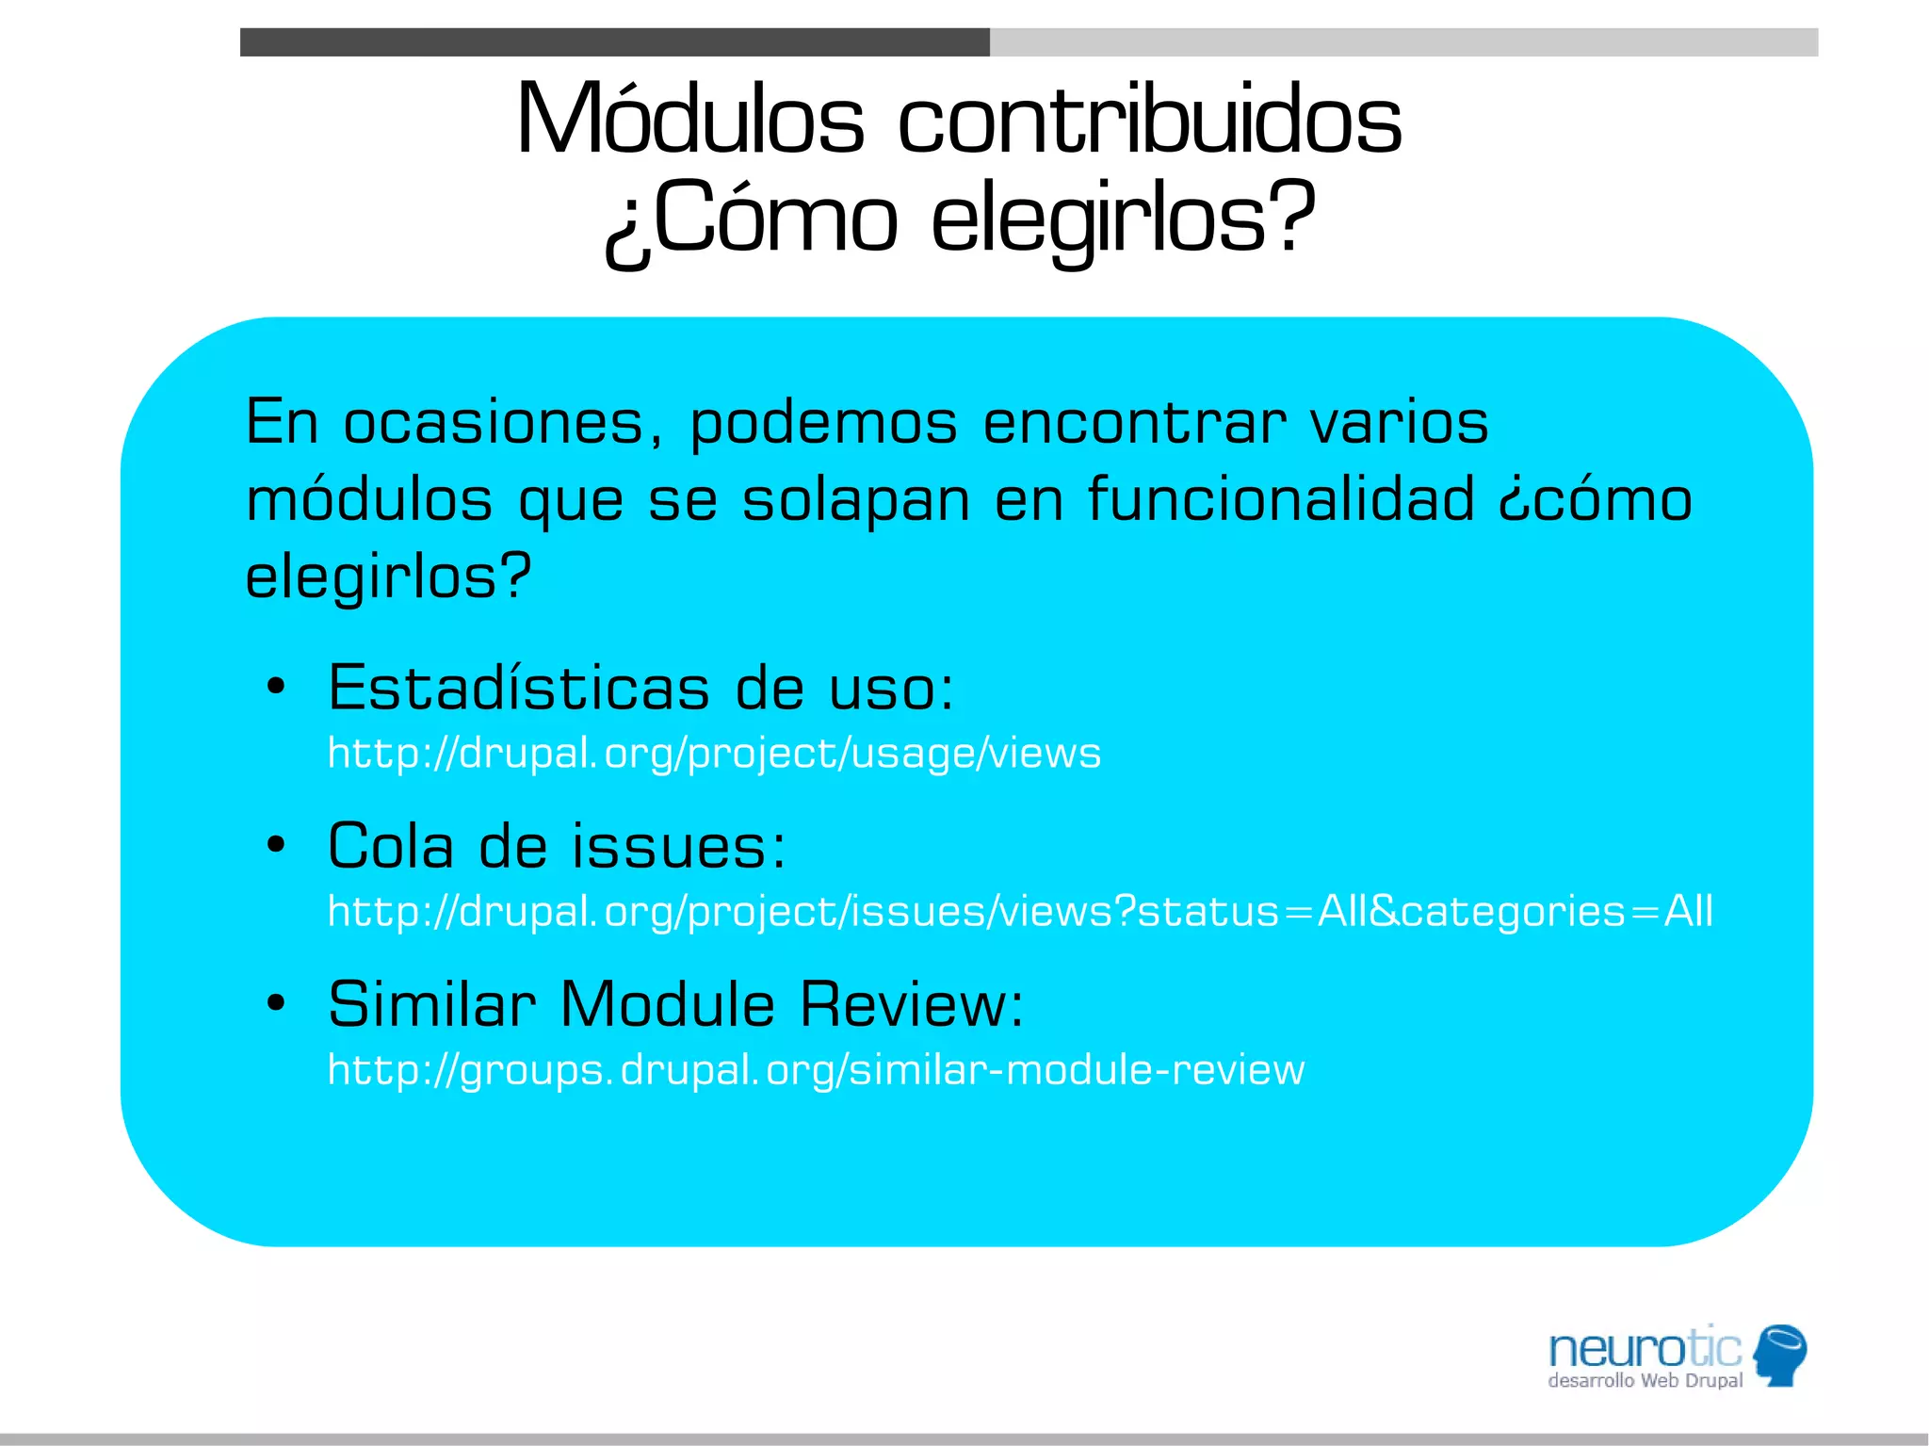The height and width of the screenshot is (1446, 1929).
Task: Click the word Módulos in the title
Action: [x=689, y=121]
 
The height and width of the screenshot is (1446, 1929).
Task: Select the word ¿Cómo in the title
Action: [x=751, y=220]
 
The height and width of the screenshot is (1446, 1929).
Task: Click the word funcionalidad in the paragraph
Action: [x=1281, y=499]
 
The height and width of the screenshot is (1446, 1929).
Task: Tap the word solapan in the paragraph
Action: [x=855, y=501]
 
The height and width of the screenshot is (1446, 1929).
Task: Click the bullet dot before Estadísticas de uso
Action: [x=275, y=687]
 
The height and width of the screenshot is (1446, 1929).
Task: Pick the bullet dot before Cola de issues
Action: [x=275, y=845]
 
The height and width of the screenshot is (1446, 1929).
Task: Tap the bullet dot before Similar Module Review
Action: [x=275, y=1003]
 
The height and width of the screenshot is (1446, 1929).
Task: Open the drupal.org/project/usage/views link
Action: [x=714, y=754]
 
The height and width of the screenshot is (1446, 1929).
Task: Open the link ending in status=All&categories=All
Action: [x=1020, y=912]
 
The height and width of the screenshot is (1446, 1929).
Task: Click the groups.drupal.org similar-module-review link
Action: [x=816, y=1070]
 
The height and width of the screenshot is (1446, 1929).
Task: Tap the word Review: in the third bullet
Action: [x=912, y=1003]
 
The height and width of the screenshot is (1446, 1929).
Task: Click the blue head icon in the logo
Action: [x=1779, y=1354]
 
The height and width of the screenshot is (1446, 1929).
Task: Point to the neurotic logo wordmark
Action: [x=1645, y=1349]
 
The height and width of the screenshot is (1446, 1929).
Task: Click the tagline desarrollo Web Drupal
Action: [x=1645, y=1381]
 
